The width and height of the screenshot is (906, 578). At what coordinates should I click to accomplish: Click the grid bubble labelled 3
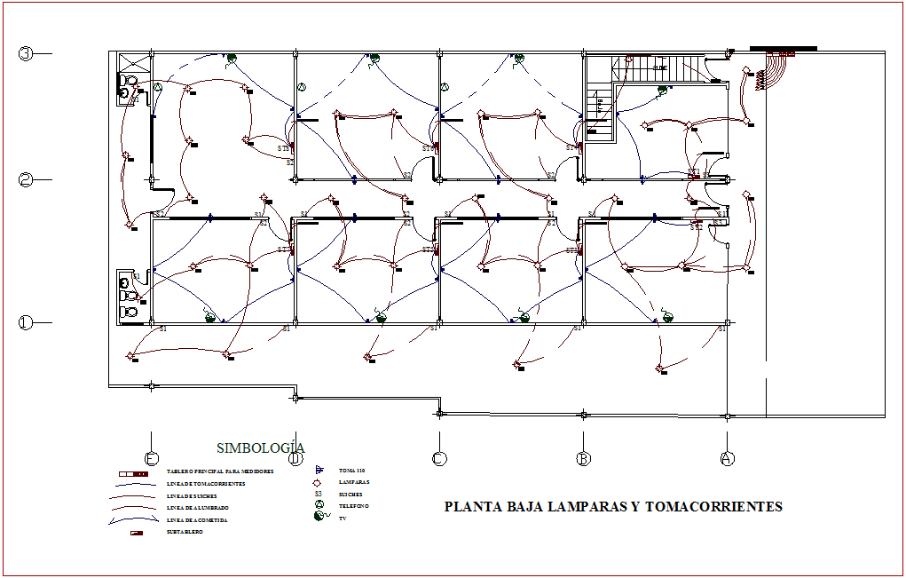click(26, 53)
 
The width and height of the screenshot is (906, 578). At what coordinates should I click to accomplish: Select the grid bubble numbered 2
click(26, 179)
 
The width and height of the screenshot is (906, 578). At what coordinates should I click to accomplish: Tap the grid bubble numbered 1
click(26, 323)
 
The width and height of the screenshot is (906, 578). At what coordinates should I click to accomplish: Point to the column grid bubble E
click(152, 458)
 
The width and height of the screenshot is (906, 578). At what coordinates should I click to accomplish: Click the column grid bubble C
click(438, 458)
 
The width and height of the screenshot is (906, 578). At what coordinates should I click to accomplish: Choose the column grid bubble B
click(583, 458)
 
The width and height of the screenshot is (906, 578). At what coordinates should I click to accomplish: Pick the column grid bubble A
click(727, 458)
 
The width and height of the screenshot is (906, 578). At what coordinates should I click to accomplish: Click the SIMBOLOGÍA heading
click(261, 448)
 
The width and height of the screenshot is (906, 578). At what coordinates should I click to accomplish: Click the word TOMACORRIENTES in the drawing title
click(713, 507)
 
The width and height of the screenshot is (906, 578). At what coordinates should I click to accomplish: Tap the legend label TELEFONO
click(354, 506)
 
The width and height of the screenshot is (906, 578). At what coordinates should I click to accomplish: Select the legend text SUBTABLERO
click(185, 532)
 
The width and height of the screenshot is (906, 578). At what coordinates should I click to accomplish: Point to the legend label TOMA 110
click(351, 470)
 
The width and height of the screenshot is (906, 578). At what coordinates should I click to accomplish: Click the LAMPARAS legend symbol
click(318, 481)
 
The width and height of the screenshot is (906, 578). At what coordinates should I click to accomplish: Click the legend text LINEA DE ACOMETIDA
click(197, 519)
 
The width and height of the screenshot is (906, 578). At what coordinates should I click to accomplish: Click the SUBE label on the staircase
click(660, 67)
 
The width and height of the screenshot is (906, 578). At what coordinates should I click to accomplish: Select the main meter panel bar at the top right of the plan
click(783, 49)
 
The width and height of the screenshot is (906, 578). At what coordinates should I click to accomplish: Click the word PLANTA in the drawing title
click(471, 507)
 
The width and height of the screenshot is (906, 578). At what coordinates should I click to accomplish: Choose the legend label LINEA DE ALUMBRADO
click(197, 507)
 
